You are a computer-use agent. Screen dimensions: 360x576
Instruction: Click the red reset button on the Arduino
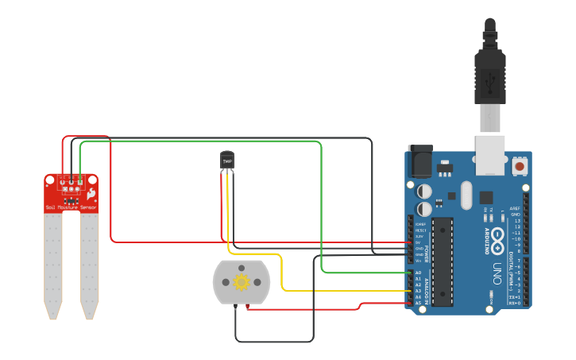pos(520,166)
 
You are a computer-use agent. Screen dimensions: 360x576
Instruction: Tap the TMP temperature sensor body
pos(227,161)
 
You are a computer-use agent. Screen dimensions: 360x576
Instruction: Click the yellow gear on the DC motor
pos(242,281)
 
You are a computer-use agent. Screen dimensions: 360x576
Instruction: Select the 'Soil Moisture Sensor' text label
pos(72,207)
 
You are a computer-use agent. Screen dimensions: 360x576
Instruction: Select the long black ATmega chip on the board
pos(443,260)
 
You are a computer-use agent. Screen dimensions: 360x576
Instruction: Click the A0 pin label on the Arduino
pos(419,273)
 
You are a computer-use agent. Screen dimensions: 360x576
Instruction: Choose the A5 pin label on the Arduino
pos(419,303)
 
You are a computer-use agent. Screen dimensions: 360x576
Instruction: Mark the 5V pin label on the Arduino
pos(419,242)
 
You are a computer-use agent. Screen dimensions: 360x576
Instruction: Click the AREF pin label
pos(515,208)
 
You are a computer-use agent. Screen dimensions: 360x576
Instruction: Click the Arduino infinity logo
pos(497,236)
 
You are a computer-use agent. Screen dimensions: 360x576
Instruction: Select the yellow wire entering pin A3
pos(350,290)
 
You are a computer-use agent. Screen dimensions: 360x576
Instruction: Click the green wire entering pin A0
pos(365,273)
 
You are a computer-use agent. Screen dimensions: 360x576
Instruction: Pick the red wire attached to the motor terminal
pos(302,309)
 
